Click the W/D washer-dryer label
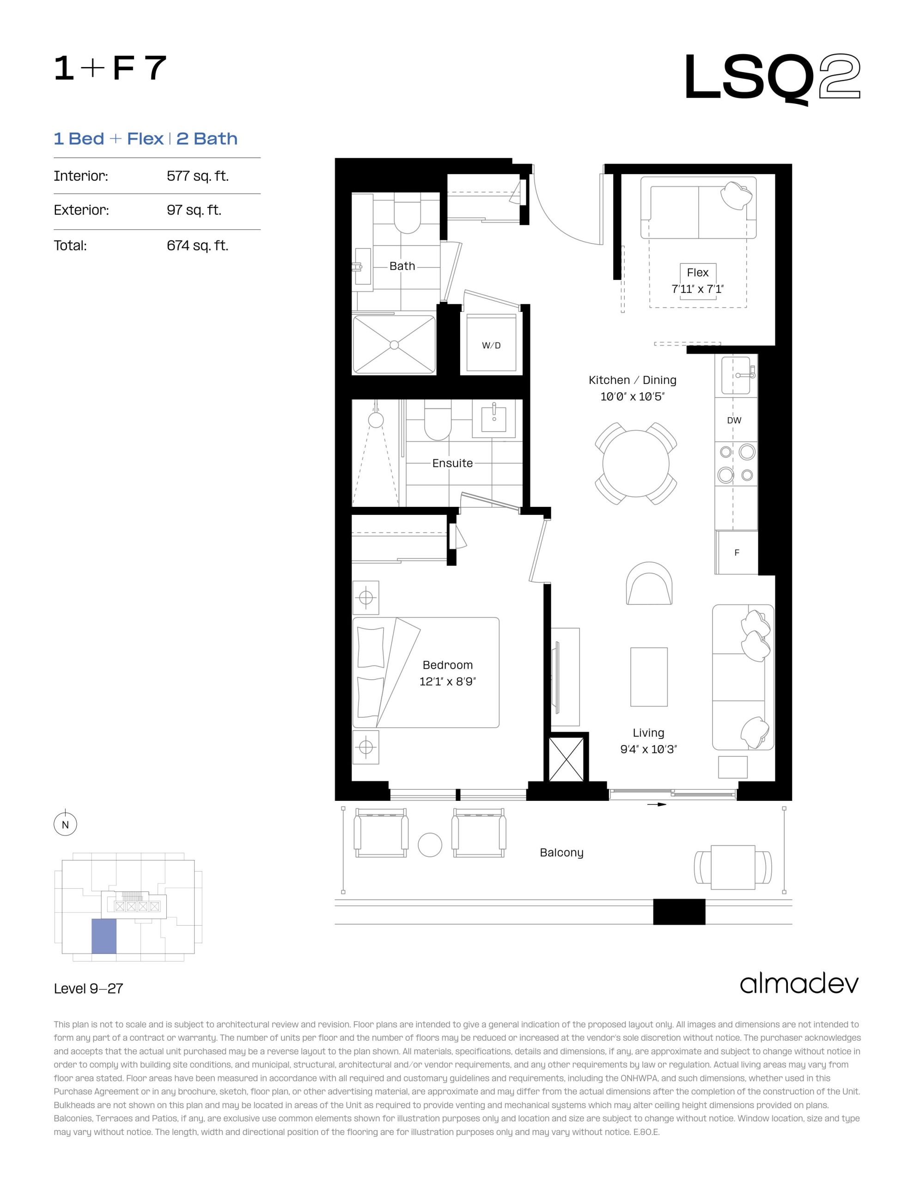491,346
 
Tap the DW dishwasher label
734,421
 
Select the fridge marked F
736,553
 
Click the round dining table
635,463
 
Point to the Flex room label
697,273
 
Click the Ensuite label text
452,463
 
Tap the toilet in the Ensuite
437,420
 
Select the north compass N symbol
65,825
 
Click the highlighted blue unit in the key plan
104,936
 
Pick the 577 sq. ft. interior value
197,176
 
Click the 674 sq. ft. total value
197,245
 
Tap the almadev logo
799,984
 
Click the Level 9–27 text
88,988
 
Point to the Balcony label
561,853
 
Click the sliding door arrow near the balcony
657,805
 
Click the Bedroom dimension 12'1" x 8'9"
447,682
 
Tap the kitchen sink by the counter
736,375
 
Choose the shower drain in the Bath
394,345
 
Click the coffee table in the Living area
648,677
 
